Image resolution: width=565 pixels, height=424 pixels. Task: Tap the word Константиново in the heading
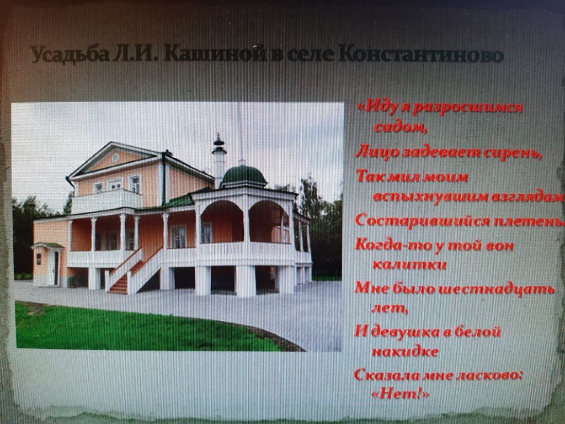(x=420, y=55)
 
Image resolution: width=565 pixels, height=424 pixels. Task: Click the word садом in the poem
(x=401, y=127)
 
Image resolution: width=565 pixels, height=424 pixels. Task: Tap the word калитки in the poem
(x=409, y=264)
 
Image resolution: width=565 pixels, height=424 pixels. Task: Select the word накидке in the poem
(x=405, y=352)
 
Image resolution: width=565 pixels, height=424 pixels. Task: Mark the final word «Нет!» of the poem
(x=401, y=394)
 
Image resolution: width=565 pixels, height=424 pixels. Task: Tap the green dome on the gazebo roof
(x=243, y=176)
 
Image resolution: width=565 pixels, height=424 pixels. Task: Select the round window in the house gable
(x=115, y=157)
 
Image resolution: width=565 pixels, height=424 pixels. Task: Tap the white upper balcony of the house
(x=106, y=201)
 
